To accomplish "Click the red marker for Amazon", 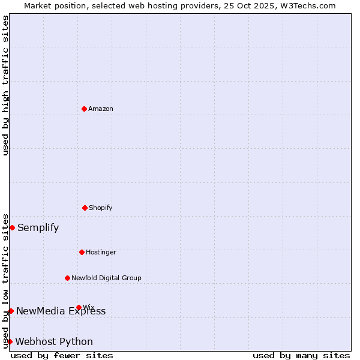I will pyautogui.click(x=84, y=109).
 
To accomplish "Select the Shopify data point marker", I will pyautogui.click(x=85, y=208).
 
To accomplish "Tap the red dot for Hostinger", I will pyautogui.click(x=82, y=252).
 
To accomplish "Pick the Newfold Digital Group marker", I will pyautogui.click(x=67, y=278).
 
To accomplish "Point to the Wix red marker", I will pyautogui.click(x=79, y=307).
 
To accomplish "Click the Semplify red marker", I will pyautogui.click(x=12, y=227).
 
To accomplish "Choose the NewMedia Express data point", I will pyautogui.click(x=11, y=311).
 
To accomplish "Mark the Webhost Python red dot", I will pyautogui.click(x=10, y=341).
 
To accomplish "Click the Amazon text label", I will pyautogui.click(x=101, y=109).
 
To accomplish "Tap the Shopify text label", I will pyautogui.click(x=101, y=208).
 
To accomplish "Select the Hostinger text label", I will pyautogui.click(x=101, y=252).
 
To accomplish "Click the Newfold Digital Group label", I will pyautogui.click(x=106, y=278).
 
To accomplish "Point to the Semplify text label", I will pyautogui.click(x=38, y=227).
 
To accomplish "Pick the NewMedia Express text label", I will pyautogui.click(x=61, y=311).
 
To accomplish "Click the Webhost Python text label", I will pyautogui.click(x=54, y=341).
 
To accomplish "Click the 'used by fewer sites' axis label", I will pyautogui.click(x=62, y=355).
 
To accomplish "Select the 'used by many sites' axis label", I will pyautogui.click(x=301, y=355).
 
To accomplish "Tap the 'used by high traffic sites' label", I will pyautogui.click(x=6, y=85).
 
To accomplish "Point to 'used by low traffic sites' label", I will pyautogui.click(x=6, y=280).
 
